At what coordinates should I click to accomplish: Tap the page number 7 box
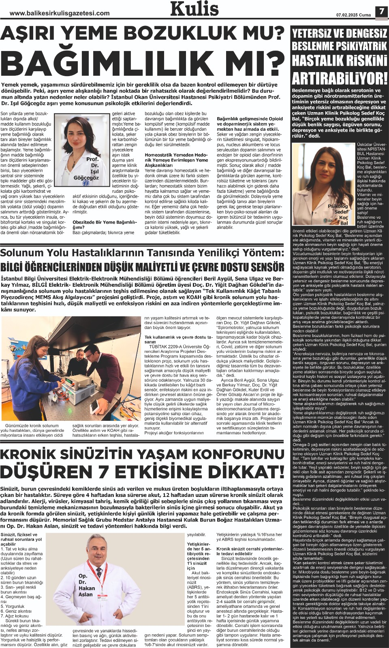(x=381, y=11)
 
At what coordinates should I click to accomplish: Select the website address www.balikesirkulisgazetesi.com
(x=60, y=13)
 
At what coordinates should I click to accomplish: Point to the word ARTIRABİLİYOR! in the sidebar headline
(x=340, y=78)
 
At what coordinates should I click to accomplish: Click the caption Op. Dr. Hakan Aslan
(x=86, y=585)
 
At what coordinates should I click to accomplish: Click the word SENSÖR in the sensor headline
(x=262, y=268)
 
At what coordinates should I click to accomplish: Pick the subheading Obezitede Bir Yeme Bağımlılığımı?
(x=105, y=224)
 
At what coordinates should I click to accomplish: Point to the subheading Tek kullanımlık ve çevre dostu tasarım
(x=178, y=339)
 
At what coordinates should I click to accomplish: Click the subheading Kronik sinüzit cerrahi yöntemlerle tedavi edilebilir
(x=250, y=551)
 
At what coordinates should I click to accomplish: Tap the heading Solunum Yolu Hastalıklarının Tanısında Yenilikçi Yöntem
(x=142, y=253)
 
